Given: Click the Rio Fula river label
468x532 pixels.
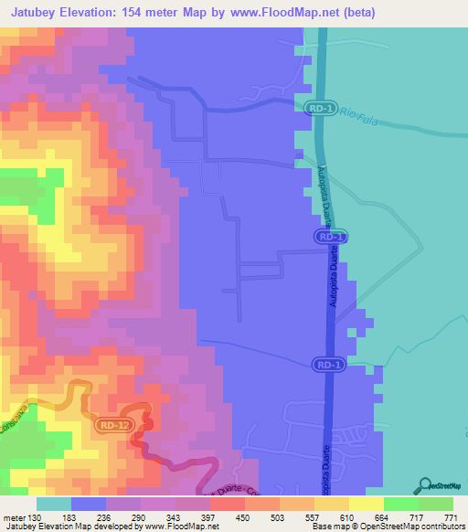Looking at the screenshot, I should point(359,114).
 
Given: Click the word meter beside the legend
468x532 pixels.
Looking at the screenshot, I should point(15,518).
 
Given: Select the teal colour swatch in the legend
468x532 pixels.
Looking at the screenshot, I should point(53,504).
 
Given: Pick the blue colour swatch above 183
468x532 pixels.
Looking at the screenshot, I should point(89,504).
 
